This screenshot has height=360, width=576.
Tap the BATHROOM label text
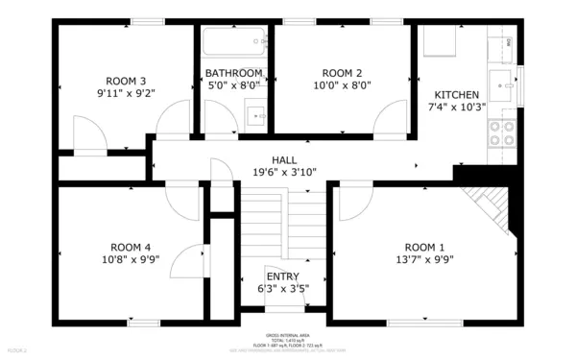[233, 73]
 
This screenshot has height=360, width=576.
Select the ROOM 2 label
[342, 73]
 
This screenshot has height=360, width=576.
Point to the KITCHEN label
[457, 95]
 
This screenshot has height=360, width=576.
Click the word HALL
[284, 160]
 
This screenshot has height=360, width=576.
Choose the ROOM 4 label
[131, 246]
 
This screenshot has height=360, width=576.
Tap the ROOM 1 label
[425, 246]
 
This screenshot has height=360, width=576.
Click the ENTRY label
[283, 276]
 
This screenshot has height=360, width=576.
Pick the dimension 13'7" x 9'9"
[425, 259]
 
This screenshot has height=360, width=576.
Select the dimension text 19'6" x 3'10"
[284, 173]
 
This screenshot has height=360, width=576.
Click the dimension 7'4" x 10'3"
[457, 108]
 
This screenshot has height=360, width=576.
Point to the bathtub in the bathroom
[233, 41]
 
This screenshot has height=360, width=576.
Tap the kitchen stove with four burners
[501, 132]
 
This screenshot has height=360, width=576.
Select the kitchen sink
[501, 79]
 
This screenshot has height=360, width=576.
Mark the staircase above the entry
[283, 226]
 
